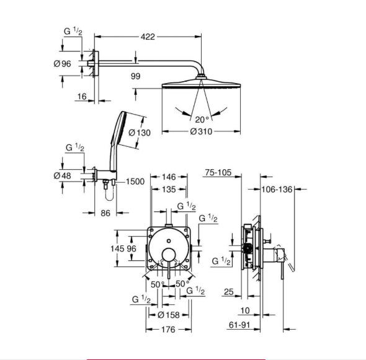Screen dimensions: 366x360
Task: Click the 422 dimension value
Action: click(x=148, y=37)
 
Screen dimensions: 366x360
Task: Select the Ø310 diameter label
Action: click(x=201, y=131)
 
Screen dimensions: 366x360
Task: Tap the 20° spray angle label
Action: click(x=202, y=120)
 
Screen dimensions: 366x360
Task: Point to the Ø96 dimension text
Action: click(x=62, y=64)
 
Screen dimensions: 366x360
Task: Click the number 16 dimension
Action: click(x=82, y=97)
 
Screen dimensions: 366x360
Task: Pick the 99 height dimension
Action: click(x=136, y=76)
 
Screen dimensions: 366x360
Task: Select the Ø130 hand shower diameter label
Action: click(x=140, y=133)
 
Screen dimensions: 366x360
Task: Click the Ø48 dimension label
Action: click(x=62, y=175)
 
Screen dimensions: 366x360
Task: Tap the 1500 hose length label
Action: click(x=135, y=182)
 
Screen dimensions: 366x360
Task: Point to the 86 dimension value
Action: click(x=105, y=213)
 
